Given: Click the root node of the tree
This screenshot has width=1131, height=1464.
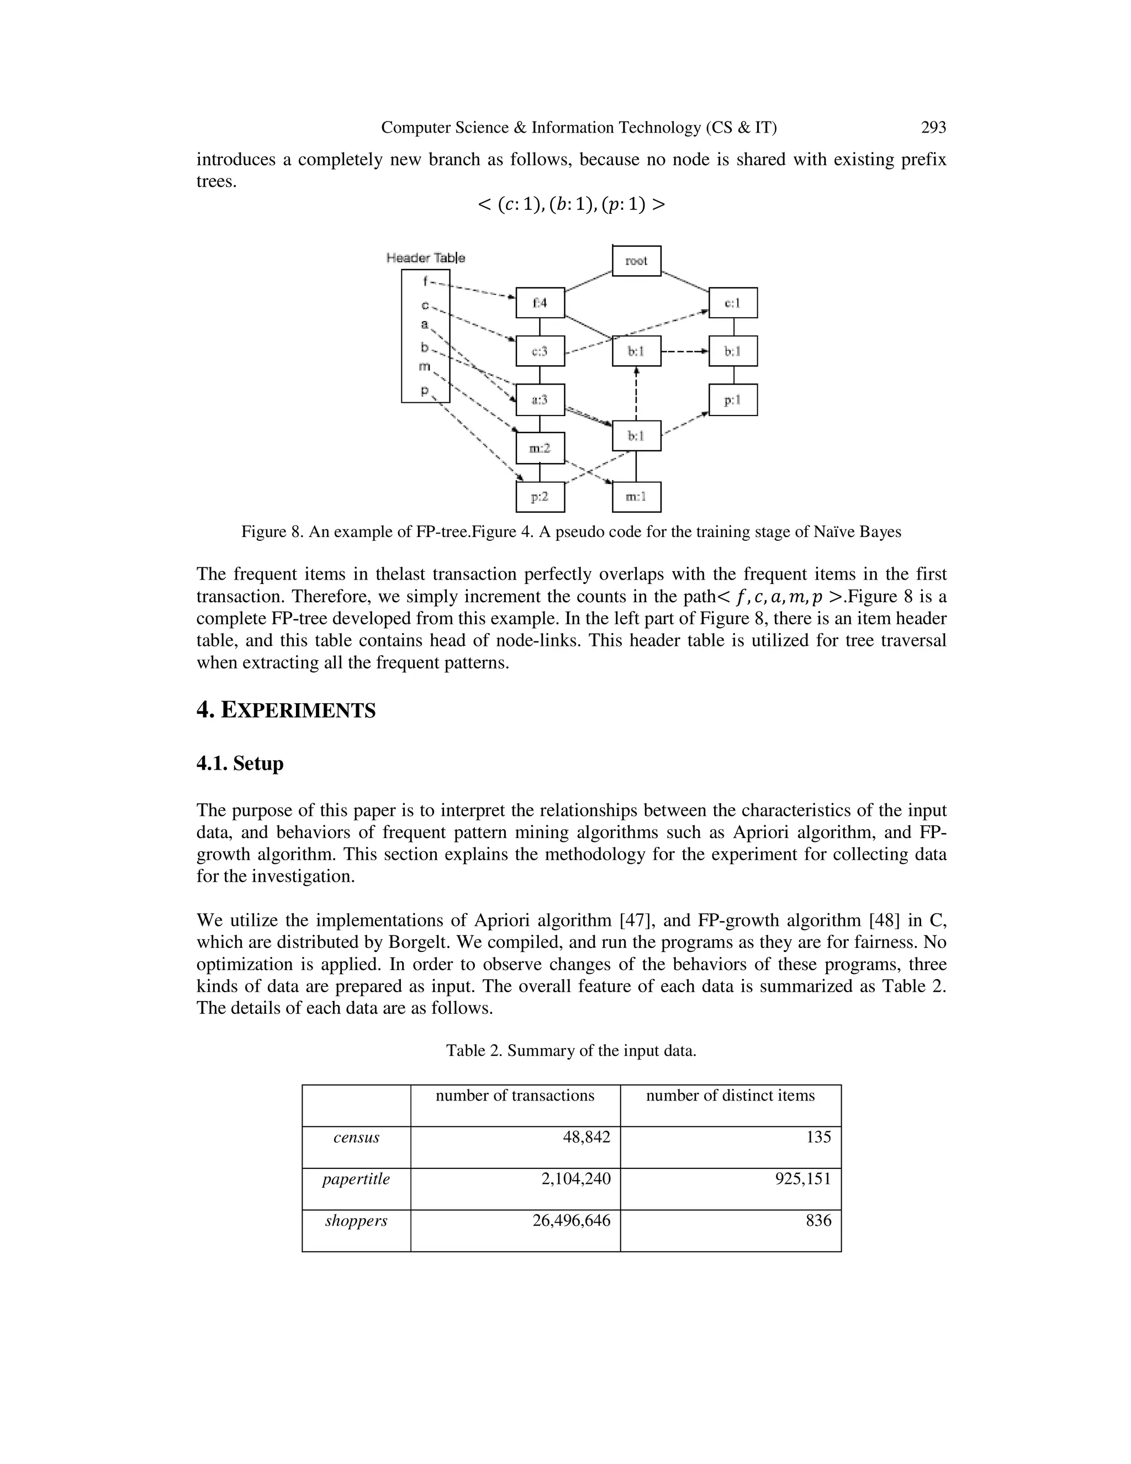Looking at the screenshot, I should coord(636,261).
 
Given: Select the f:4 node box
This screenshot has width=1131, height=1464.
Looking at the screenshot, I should coord(540,303).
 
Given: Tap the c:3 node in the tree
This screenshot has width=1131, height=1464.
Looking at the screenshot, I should coord(540,351).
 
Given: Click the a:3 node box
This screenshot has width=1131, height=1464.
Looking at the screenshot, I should coord(540,399).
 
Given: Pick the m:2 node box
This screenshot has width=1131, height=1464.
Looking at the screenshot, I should coord(540,448).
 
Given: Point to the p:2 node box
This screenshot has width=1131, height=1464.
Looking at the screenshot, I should coord(540,497).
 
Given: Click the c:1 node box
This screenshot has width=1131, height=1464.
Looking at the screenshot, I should coord(732,303).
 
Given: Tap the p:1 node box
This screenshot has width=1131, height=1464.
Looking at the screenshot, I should coord(732,399).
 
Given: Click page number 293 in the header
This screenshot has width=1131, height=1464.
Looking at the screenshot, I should coord(933,128).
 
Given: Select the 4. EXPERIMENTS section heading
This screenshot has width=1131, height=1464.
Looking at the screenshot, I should coord(286,710).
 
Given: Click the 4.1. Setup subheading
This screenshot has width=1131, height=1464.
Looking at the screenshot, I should coord(240,763).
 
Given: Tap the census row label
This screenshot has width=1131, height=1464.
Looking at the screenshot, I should coord(356,1137).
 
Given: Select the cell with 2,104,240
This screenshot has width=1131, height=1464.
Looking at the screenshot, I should coord(575,1178).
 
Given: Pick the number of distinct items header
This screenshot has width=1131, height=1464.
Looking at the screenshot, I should coord(730,1096).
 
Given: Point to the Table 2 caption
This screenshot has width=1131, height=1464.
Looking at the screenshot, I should coord(571,1050).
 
